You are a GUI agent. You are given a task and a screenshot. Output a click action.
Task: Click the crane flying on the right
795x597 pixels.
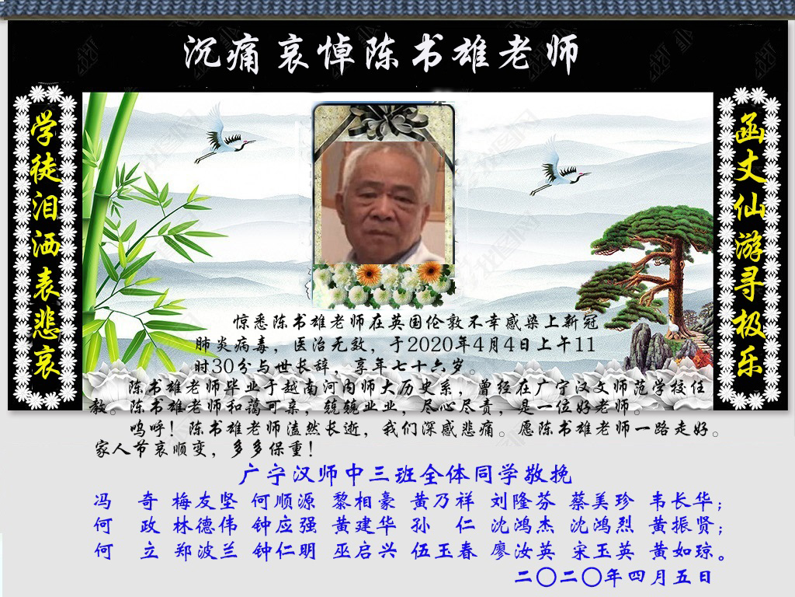pyautogui.click(x=557, y=170)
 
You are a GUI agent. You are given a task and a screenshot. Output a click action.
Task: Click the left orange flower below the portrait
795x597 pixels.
pyautogui.click(x=369, y=274)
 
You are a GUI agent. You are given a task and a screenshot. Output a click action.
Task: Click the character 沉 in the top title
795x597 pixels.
pyautogui.click(x=203, y=53)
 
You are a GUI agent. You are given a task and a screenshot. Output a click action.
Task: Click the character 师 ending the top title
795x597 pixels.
pyautogui.click(x=561, y=53)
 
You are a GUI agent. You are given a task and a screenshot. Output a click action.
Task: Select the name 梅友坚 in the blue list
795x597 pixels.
pyautogui.click(x=205, y=501)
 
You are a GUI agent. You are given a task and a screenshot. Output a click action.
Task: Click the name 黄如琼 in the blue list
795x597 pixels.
pyautogui.click(x=682, y=551)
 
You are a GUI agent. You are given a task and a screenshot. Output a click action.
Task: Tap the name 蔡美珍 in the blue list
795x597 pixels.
pyautogui.click(x=602, y=501)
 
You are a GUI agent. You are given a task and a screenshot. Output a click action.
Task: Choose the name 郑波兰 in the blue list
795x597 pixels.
pyautogui.click(x=205, y=551)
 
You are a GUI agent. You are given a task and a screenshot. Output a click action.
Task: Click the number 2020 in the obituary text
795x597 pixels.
pyautogui.click(x=430, y=344)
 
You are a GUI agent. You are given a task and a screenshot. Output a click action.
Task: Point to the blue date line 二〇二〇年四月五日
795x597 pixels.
pyautogui.click(x=613, y=578)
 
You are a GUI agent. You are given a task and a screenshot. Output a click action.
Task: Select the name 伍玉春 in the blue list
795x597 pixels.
pyautogui.click(x=443, y=551)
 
